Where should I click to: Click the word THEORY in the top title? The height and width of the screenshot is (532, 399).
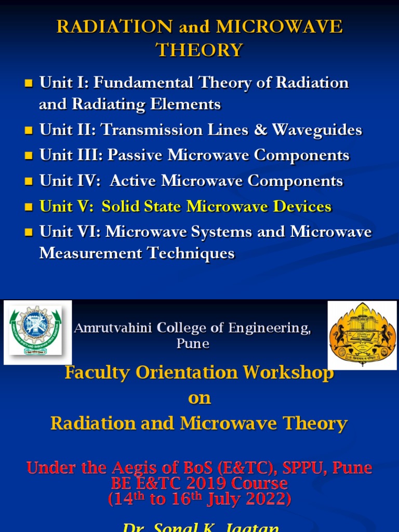point(199,50)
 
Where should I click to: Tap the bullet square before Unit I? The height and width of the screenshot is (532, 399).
point(29,83)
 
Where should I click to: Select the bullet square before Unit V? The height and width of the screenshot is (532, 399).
point(29,207)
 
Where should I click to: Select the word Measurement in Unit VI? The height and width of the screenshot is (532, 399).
point(91,254)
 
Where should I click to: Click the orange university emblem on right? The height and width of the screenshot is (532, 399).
point(362,335)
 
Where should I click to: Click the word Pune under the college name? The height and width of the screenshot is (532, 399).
point(193,343)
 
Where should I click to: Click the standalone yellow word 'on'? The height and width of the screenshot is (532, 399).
point(199,398)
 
